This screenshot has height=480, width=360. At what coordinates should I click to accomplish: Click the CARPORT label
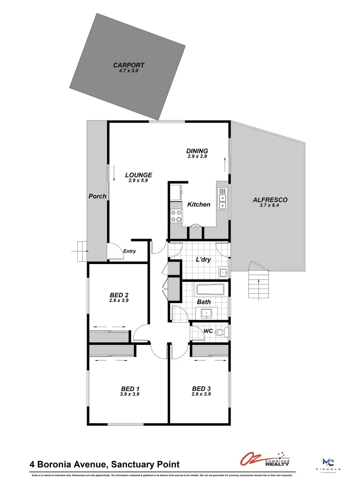pos(128,65)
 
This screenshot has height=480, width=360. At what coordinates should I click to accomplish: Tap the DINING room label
pos(197,151)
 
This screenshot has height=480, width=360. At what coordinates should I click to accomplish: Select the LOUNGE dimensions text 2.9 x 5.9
pos(138,180)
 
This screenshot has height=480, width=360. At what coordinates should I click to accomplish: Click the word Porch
pos(97,196)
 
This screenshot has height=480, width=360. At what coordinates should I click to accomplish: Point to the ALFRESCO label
pos(270,200)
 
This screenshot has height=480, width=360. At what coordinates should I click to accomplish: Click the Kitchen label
pos(199,204)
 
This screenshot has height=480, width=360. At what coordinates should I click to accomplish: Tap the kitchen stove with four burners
pos(176,216)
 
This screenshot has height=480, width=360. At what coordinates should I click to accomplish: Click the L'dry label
pos(203,260)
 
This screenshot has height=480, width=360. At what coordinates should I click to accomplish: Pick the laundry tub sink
pos(223,272)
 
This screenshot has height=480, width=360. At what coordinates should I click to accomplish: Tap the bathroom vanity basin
pos(207,313)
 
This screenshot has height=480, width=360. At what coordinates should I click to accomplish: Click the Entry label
pos(129,252)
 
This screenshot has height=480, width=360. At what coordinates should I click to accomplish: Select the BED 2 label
pos(119,295)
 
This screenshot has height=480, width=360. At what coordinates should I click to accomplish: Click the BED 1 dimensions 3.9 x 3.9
pos(130,394)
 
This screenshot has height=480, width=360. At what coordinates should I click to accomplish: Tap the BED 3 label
pos(201,388)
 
